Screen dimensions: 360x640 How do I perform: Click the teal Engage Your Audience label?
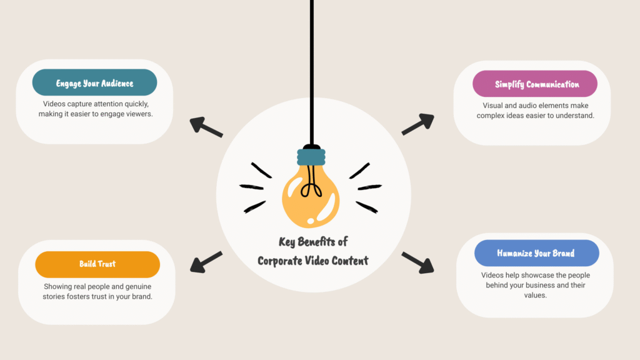coord(94,82)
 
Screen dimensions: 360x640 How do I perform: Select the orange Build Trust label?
coord(97,264)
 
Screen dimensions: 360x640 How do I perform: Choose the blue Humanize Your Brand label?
coord(536,253)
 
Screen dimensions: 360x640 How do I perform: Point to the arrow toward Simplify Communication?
coord(418,124)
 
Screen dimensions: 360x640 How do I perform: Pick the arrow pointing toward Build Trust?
coord(206,262)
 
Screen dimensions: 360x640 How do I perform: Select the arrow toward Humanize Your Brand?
coord(417,262)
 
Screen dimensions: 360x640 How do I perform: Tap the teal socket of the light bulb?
coord(311,157)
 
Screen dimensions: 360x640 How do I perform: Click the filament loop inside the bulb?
coord(311,187)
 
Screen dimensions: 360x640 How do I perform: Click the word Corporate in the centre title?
coord(284,260)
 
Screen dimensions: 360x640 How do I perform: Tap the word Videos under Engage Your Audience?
coord(56,104)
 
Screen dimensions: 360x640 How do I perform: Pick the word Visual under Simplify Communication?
coord(494,106)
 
